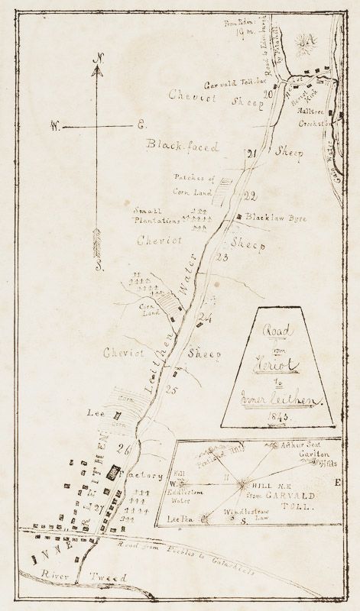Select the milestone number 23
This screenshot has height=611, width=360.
click(x=222, y=257)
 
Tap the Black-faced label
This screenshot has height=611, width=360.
click(x=183, y=145)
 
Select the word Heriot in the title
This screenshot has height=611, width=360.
click(x=276, y=354)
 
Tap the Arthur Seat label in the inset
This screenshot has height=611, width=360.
click(x=297, y=445)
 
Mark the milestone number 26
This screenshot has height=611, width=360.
click(x=124, y=448)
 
